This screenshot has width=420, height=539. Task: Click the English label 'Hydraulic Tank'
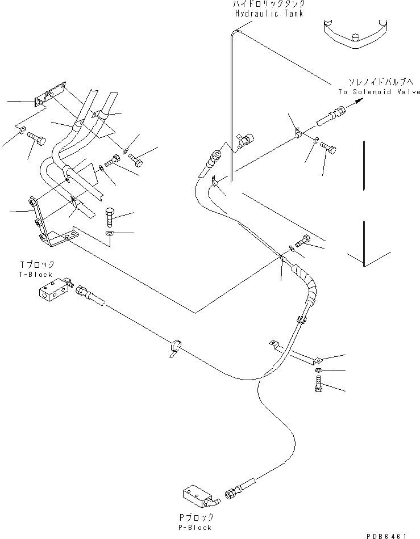coord(268,14)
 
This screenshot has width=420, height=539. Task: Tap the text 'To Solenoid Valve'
coord(379,91)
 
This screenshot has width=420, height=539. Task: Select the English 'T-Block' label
coord(36,274)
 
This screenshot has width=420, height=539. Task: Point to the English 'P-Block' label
coord(195,527)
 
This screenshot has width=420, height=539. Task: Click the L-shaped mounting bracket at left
coord(48,227)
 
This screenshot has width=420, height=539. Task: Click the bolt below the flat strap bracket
coord(318,389)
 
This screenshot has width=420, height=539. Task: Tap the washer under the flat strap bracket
coord(317,370)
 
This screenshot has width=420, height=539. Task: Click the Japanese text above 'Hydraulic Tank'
coord(268,5)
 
